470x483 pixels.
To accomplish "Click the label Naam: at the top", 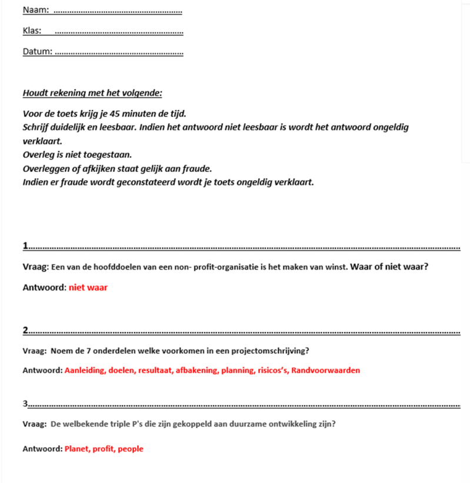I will coord(35,10).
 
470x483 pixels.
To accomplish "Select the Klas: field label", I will coord(32,31).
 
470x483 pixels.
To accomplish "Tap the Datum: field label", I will coord(37,51).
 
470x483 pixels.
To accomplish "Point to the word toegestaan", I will coord(105,155).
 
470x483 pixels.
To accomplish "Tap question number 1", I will coord(25,246).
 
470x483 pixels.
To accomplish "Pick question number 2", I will coord(25,329).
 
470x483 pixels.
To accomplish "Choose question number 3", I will coord(25,403).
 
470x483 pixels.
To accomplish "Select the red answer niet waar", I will coord(88,288).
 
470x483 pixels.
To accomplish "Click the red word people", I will coord(130,449).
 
